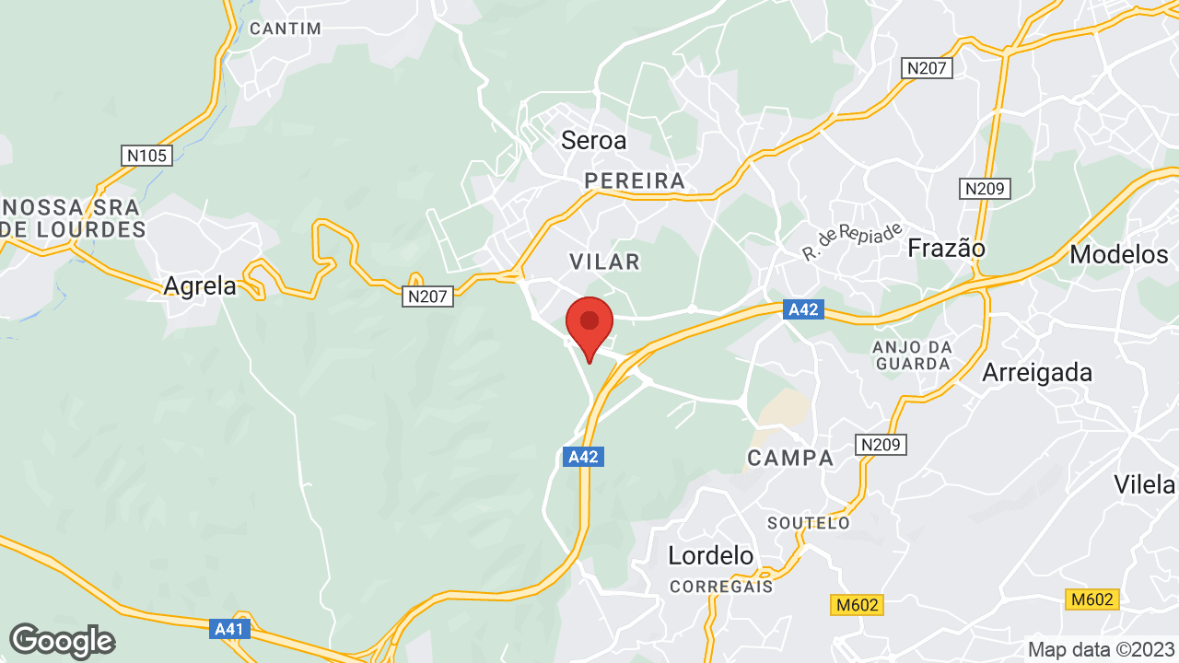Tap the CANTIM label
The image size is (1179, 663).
pyautogui.click(x=286, y=29)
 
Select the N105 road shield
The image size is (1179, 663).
pyautogui.click(x=146, y=155)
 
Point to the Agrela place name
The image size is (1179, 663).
pyautogui.click(x=200, y=286)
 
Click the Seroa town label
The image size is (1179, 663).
pyautogui.click(x=593, y=140)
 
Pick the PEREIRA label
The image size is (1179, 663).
pyautogui.click(x=635, y=180)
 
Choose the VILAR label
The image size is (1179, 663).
pyautogui.click(x=604, y=262)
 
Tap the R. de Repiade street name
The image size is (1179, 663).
pyautogui.click(x=852, y=241)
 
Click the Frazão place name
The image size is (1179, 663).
pyautogui.click(x=946, y=249)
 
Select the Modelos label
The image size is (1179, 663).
pyautogui.click(x=1118, y=253)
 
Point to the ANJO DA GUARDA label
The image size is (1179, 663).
pyautogui.click(x=912, y=355)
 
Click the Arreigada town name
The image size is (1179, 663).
pyautogui.click(x=1037, y=373)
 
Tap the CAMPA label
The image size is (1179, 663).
pyautogui.click(x=790, y=458)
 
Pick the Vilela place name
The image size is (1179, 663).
pyautogui.click(x=1145, y=484)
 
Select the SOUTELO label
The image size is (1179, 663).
pyautogui.click(x=809, y=523)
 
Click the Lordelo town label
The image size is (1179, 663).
pyautogui.click(x=710, y=555)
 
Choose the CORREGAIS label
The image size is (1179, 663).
pyautogui.click(x=721, y=586)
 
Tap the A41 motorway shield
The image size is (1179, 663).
pyautogui.click(x=228, y=630)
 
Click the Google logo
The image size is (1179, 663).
pyautogui.click(x=62, y=641)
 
